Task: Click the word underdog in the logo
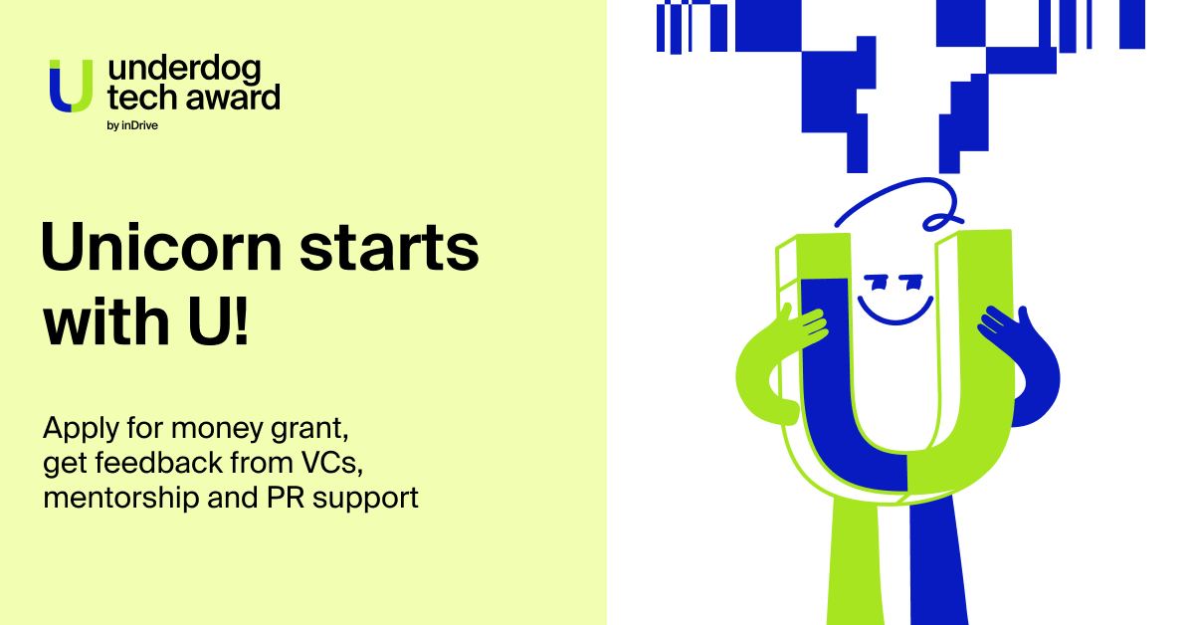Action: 184,70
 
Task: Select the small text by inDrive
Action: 132,125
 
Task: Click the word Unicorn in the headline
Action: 161,247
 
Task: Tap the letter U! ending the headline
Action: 219,321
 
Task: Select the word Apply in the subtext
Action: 81,429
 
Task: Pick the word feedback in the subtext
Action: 160,462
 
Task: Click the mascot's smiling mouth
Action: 895,312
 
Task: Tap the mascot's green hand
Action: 800,326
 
